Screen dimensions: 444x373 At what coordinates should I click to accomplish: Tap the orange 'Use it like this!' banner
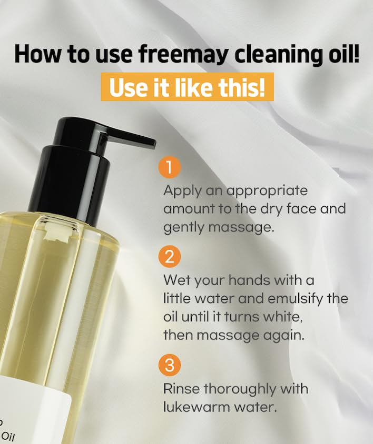click(187, 87)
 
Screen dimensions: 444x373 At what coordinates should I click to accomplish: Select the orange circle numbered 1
click(169, 167)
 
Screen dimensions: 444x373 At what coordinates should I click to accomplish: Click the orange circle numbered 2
click(169, 257)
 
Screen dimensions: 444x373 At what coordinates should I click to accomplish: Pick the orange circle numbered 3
click(169, 365)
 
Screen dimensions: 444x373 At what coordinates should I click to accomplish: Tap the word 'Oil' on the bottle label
click(8, 436)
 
